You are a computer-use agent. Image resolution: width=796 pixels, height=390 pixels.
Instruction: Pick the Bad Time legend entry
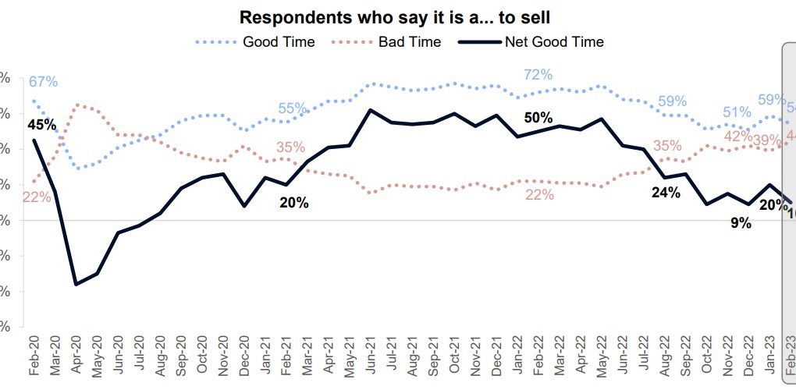410,41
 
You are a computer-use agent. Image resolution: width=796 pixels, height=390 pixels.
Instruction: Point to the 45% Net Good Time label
41,125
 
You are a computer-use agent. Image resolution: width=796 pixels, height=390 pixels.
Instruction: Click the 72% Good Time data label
538,75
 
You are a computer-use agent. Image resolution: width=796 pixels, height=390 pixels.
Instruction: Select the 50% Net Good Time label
538,118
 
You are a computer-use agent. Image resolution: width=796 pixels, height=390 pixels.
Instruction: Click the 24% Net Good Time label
666,192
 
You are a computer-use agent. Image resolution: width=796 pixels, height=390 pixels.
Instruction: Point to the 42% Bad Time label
737,136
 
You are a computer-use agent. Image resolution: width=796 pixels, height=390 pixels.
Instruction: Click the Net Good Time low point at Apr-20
76,284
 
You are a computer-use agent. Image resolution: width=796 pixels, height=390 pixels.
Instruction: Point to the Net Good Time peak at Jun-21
370,110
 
